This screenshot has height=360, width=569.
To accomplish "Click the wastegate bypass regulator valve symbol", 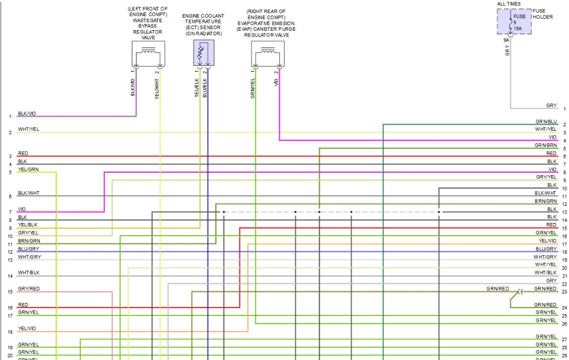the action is [149, 53].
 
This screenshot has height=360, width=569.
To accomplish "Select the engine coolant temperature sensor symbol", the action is [204, 53].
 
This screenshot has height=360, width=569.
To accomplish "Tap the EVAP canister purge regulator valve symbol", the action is [268, 53].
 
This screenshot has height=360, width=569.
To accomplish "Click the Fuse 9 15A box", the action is [514, 22].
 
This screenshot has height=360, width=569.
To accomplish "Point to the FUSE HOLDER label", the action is [542, 14].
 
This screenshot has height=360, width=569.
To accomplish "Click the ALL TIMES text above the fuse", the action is [509, 3].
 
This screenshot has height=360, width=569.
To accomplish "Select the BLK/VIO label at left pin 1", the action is [27, 114].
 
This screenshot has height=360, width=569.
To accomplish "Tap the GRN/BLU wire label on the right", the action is [546, 122].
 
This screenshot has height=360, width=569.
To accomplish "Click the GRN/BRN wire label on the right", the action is [546, 146].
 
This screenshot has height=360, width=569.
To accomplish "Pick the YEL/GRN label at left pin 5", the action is [28, 169].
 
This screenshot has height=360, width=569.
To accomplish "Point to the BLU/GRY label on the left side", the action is [28, 249].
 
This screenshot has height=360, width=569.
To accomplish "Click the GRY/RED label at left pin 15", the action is [28, 289].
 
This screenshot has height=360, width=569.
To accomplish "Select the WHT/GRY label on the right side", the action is [545, 257].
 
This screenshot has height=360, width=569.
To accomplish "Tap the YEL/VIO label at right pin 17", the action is [547, 241].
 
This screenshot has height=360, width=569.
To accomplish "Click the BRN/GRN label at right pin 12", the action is [546, 201].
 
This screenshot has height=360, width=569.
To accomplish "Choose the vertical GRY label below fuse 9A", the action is [508, 51].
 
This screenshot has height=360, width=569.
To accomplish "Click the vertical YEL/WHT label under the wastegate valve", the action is [157, 89].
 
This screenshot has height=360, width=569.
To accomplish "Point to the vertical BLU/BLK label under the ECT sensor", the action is [205, 88].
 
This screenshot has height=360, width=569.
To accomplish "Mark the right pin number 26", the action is [564, 324].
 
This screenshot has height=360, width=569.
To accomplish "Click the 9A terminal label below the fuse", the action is [506, 40].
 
